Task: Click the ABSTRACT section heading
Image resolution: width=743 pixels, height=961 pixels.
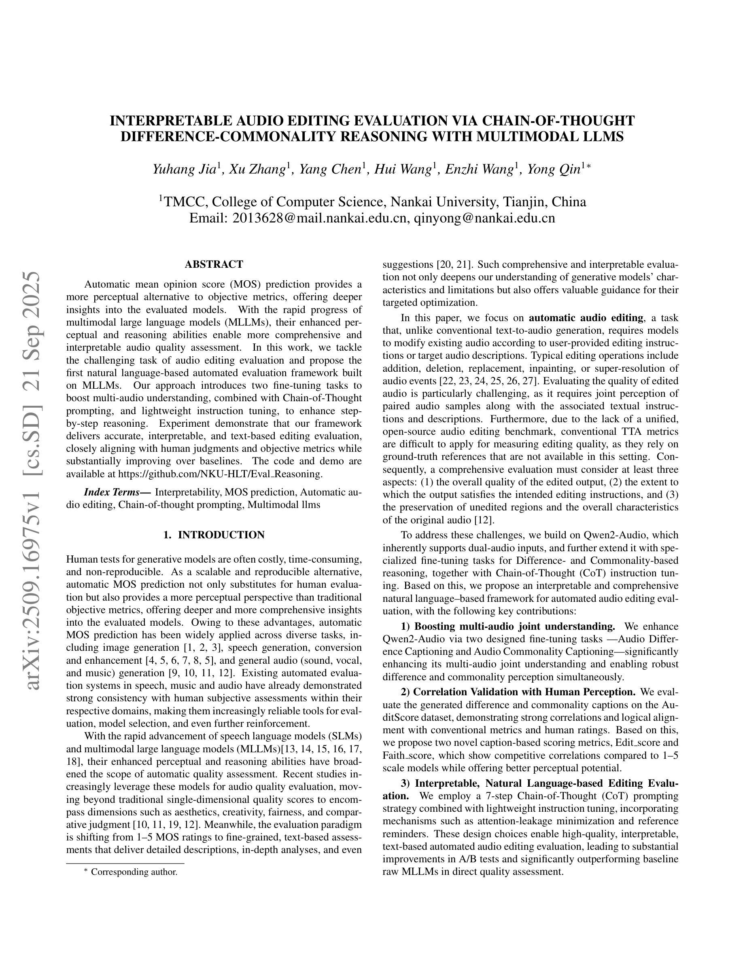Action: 214,265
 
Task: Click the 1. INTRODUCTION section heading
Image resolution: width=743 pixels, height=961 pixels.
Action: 214,535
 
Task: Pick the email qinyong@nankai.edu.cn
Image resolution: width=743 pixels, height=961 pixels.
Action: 484,218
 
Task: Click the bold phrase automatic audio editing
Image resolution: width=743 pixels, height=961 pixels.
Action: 586,318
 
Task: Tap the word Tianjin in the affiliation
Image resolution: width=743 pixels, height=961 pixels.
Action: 523,202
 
